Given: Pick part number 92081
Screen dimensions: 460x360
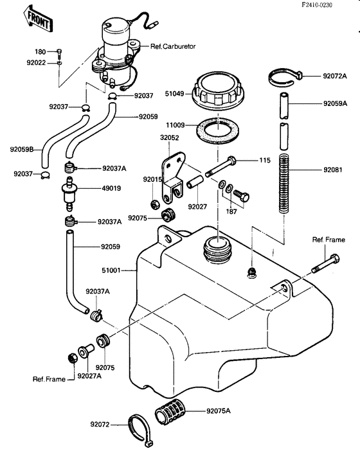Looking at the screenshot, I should (x=334, y=171).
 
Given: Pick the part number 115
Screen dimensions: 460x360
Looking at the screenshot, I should (x=265, y=160).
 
